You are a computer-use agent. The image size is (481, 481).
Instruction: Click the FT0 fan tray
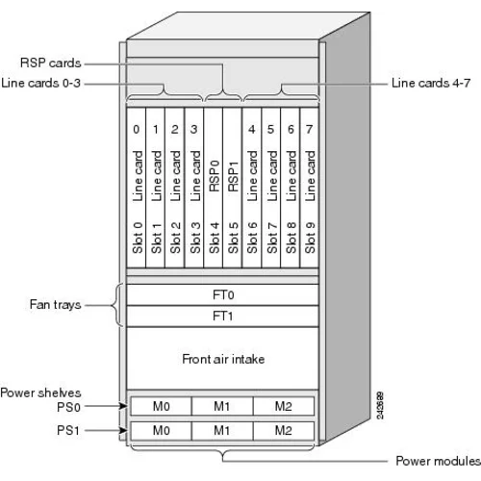[222, 294]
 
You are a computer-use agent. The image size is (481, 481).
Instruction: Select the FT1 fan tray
[222, 316]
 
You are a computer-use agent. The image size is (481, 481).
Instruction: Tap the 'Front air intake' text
[222, 359]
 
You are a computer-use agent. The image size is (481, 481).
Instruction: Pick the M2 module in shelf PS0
[284, 406]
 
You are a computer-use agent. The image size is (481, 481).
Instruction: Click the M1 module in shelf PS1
[222, 429]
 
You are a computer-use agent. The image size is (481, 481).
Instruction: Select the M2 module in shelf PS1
[284, 429]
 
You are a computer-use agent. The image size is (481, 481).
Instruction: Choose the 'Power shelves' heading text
[41, 392]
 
